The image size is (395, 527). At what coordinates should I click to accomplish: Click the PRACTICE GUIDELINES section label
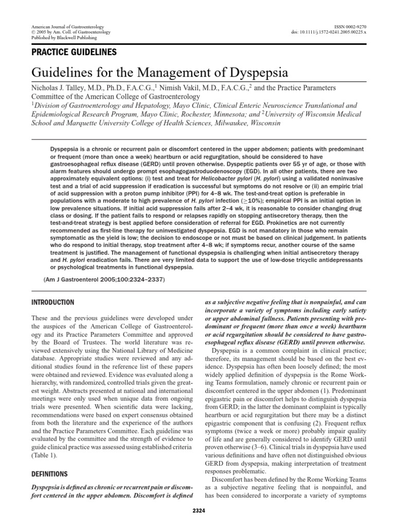[74, 52]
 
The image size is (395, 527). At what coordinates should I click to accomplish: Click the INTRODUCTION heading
[53, 302]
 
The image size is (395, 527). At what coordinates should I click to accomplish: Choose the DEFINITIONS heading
[50, 473]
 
